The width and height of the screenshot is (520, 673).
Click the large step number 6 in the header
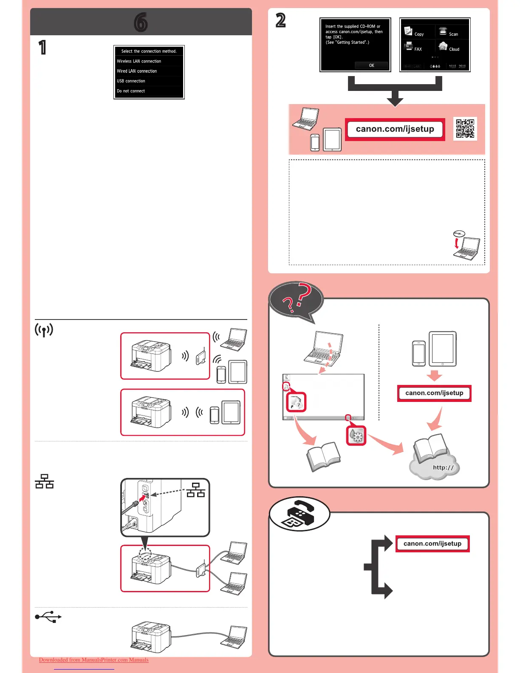coord(141,22)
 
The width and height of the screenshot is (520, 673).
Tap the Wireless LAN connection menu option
coord(139,61)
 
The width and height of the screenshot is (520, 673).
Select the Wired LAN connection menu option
coord(137,71)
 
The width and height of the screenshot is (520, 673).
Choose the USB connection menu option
coord(131,81)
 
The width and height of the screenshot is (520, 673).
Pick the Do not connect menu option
coord(131,91)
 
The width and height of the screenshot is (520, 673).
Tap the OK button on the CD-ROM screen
coord(371,65)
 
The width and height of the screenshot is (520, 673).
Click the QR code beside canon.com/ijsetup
coord(465,128)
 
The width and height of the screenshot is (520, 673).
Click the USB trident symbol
coord(48,617)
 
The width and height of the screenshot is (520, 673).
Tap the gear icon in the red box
coord(356,435)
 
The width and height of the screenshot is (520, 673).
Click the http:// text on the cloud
coord(443,467)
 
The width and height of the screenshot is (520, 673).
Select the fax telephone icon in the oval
coord(300,514)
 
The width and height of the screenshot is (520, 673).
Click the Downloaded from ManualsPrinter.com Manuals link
coord(93,660)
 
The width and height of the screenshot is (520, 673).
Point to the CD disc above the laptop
coord(459,233)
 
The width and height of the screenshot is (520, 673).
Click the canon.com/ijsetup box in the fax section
coord(432,543)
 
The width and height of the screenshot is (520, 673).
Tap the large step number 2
coord(280,20)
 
